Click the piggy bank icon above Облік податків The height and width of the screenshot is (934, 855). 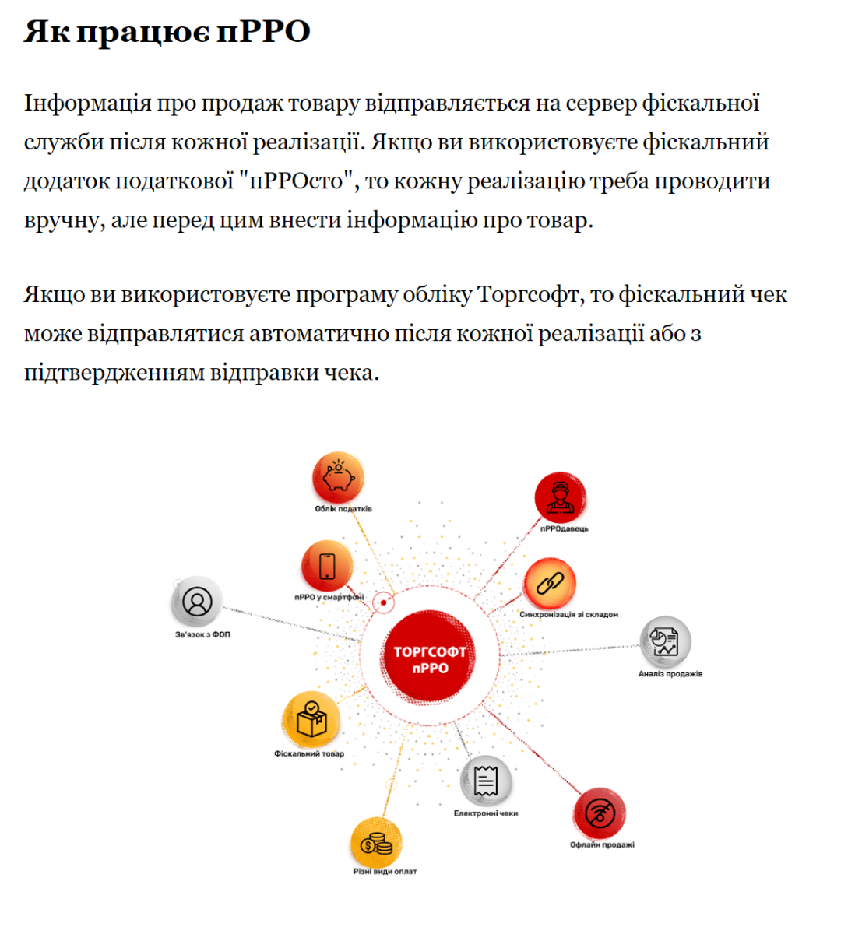[338, 477]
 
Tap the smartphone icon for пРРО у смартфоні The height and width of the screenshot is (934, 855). [327, 566]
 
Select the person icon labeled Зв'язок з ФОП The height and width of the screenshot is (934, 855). [197, 602]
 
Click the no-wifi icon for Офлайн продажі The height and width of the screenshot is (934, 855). [600, 814]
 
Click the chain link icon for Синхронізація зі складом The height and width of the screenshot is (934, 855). [550, 583]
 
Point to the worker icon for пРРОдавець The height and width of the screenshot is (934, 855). [560, 497]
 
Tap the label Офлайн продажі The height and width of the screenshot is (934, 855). [602, 844]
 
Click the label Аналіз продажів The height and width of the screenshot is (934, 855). [670, 673]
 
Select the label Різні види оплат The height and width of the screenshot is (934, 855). [385, 871]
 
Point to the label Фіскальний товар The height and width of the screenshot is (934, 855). [308, 753]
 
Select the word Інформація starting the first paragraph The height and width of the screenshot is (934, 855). [87, 104]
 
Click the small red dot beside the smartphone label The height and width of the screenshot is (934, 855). [383, 602]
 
